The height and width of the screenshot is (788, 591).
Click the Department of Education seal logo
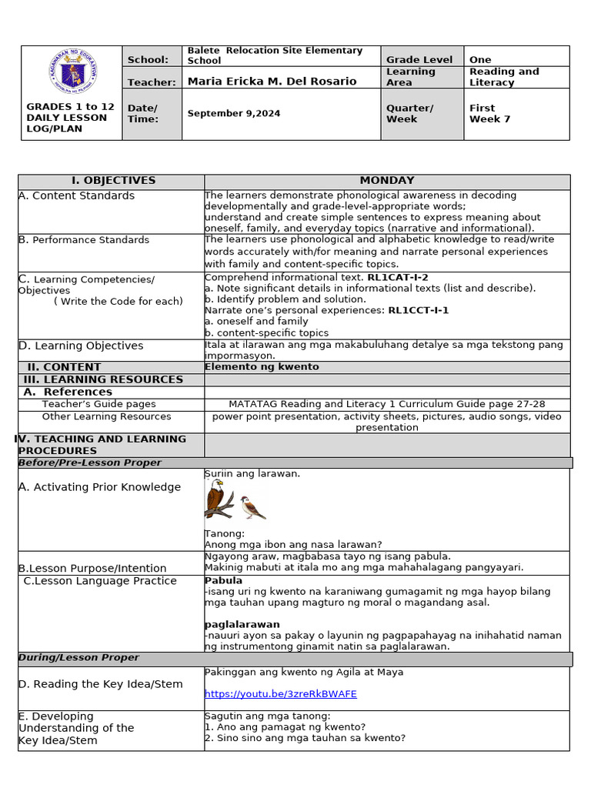72,73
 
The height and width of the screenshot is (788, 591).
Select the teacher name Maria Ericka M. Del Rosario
272,82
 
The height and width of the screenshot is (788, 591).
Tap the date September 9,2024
234,113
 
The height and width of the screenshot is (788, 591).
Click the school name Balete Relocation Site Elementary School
275,55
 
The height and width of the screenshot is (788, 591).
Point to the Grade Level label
419,59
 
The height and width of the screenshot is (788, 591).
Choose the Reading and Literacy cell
504,77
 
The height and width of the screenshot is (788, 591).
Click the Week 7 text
489,119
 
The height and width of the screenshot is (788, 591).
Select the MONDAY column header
386,181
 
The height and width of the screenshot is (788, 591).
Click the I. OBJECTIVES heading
113,181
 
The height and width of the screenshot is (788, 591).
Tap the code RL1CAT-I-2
397,277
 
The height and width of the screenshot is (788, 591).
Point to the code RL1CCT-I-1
418,310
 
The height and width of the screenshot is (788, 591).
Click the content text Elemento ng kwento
261,367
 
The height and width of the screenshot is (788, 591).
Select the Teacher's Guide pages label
98,404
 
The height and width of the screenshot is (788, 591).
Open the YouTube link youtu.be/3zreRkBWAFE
280,694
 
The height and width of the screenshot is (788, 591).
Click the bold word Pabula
223,580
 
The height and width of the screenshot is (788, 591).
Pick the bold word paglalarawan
242,624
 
